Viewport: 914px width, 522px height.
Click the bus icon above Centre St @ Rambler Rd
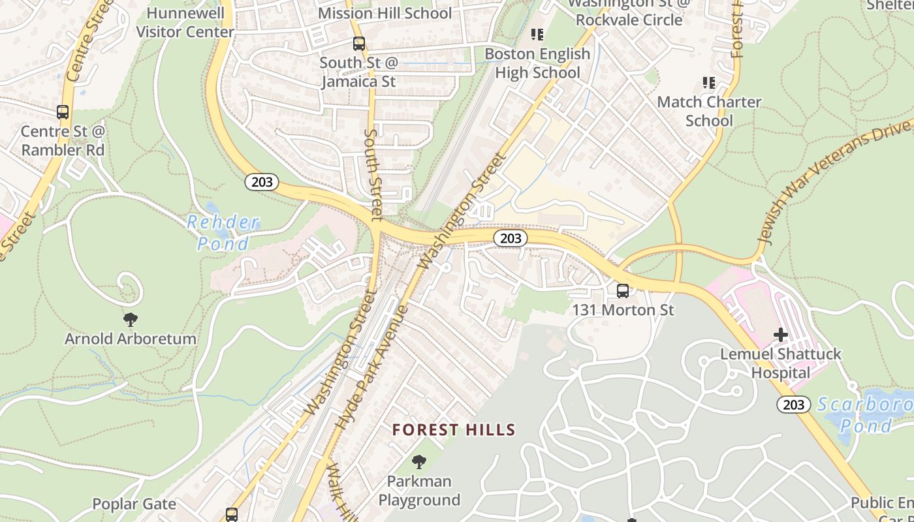click(x=63, y=112)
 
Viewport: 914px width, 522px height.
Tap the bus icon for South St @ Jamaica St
click(x=358, y=44)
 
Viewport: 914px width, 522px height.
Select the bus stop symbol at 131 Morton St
click(x=623, y=291)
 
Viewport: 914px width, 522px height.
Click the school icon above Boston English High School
click(x=537, y=35)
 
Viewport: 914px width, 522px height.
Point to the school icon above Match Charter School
click(x=708, y=83)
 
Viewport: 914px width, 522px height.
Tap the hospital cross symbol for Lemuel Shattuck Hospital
click(x=780, y=335)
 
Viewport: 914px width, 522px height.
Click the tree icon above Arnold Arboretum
click(x=131, y=320)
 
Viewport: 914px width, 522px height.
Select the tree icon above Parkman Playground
click(x=419, y=463)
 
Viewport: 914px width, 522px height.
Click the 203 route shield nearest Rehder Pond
click(x=262, y=182)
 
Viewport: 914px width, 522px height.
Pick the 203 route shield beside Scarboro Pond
click(x=793, y=405)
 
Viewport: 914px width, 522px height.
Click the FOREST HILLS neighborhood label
click(x=454, y=430)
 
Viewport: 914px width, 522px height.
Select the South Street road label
click(x=373, y=174)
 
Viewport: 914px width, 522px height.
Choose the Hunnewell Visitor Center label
click(x=185, y=22)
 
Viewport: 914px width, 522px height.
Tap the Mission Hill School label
click(x=385, y=13)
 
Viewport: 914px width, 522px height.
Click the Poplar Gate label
click(x=134, y=504)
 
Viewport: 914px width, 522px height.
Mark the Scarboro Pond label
click(x=865, y=415)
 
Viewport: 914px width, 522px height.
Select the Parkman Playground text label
click(x=419, y=491)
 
